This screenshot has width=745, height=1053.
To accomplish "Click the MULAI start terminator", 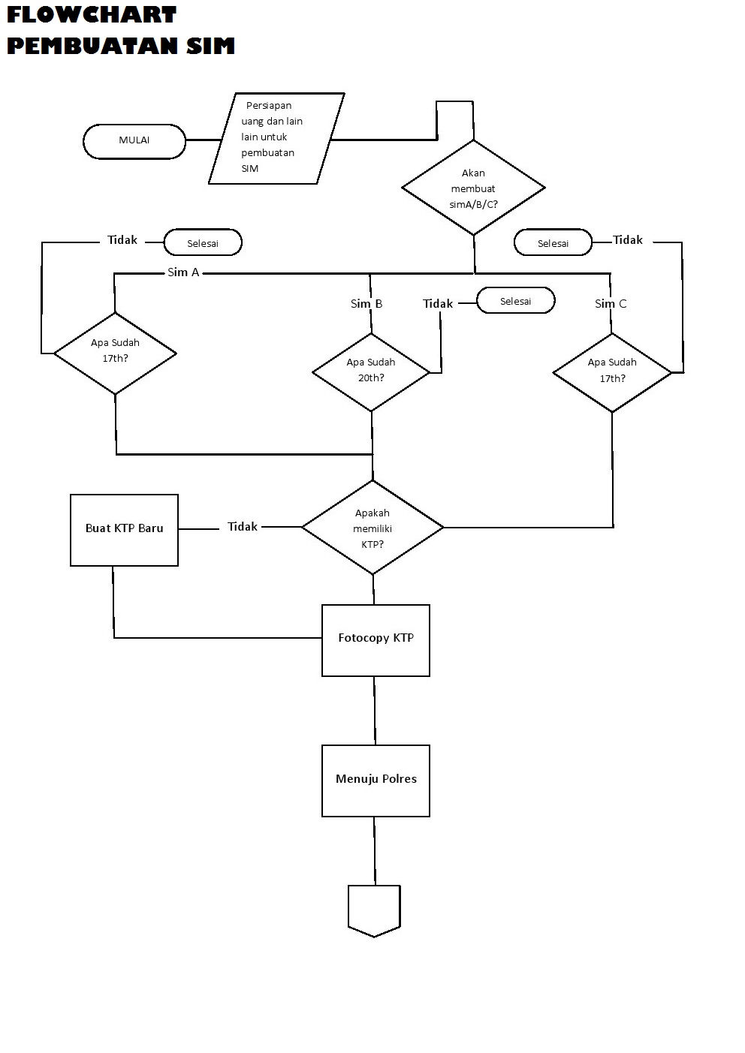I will point(134,141).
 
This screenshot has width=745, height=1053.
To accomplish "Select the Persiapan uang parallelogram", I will point(276,138).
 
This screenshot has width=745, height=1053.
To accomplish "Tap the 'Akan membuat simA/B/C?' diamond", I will point(473,188).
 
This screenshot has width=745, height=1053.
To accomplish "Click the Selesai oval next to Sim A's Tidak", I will point(203,243).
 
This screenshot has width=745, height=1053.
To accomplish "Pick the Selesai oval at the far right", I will point(553,243).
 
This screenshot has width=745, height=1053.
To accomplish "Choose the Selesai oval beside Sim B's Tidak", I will point(515,301).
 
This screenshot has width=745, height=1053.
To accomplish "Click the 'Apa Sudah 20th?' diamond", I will point(371,371).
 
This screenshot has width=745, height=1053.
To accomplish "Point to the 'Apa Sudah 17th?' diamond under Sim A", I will point(115,352).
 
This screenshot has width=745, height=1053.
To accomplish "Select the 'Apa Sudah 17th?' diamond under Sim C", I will point(612,372).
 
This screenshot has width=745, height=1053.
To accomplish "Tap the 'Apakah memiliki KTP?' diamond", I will point(372,528).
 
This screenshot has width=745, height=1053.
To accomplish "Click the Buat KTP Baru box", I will point(124,529).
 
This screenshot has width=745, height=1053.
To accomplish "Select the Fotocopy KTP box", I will point(376,639).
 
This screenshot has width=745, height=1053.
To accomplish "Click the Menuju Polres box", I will point(376,780).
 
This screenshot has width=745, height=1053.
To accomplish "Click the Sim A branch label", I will point(183,272).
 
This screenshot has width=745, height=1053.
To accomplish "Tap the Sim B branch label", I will point(366,304).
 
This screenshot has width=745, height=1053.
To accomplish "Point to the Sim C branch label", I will point(611,304).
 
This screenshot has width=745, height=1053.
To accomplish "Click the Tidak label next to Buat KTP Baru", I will point(243,527).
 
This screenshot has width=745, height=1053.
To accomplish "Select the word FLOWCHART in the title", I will point(92,14).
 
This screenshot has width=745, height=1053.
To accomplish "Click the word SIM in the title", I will point(211,46).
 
